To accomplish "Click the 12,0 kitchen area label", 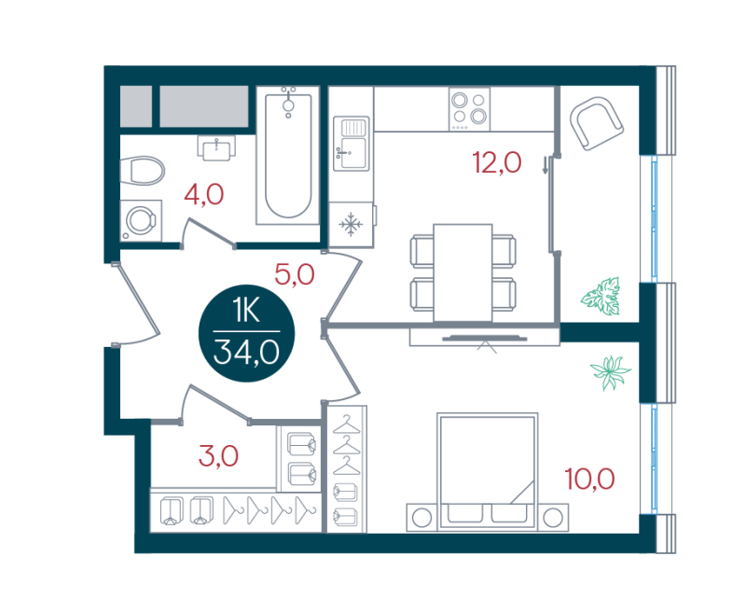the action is [497, 162].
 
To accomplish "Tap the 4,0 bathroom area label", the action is [203, 194].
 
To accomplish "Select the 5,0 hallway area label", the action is [295, 274].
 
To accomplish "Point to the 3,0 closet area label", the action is [218, 456].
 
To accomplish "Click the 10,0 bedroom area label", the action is [589, 479].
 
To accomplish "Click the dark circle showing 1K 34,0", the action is [246, 333].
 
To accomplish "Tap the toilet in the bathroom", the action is [142, 171].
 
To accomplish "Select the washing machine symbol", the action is [141, 221].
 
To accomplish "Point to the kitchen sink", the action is [352, 144].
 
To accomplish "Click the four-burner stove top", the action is [469, 109].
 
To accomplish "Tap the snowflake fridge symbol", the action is [352, 224].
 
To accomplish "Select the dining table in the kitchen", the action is [463, 272].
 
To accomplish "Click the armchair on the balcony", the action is [597, 124].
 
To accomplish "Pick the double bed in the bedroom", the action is [488, 471].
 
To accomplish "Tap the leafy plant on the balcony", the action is [601, 296].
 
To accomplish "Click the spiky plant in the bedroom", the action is [611, 372].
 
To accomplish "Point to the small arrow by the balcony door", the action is [545, 165].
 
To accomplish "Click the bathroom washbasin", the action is [216, 147].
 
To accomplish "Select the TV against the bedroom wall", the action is [484, 339].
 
